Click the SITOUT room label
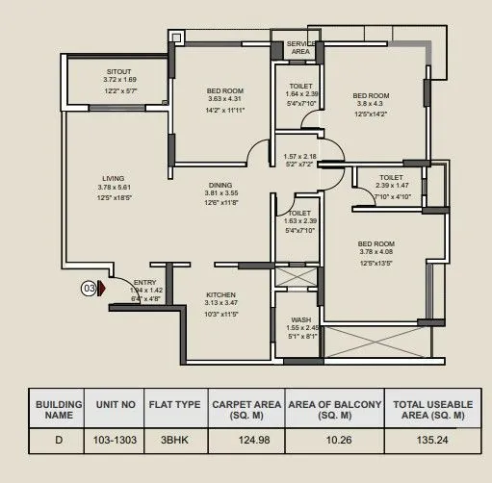[120, 71]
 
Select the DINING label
[220, 185]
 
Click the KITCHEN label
[220, 295]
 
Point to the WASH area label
[299, 319]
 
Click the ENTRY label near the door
[145, 280]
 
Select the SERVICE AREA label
[299, 48]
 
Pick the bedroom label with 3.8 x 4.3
[370, 96]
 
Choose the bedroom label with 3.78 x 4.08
[376, 244]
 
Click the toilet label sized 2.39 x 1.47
[390, 178]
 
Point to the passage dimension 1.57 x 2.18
[299, 156]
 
